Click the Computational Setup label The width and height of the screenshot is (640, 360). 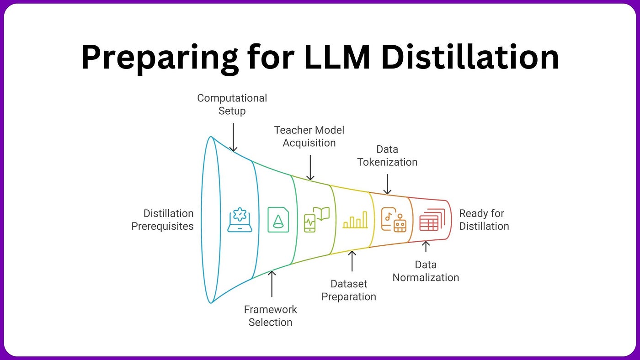232,105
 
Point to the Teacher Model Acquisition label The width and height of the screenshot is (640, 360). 309,137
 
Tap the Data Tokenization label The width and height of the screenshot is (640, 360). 387,156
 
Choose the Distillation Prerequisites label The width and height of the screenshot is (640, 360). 163,220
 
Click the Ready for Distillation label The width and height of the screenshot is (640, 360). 484,220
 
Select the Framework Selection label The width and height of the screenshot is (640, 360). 270,316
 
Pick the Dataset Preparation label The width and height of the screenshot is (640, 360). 349,290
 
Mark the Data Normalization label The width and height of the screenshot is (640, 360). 426,271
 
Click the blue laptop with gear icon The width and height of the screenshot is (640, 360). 240,220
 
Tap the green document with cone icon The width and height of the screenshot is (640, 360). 278,220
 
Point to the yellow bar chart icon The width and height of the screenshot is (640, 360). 355,220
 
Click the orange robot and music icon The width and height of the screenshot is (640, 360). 394,220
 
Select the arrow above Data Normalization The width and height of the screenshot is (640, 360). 426,247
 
